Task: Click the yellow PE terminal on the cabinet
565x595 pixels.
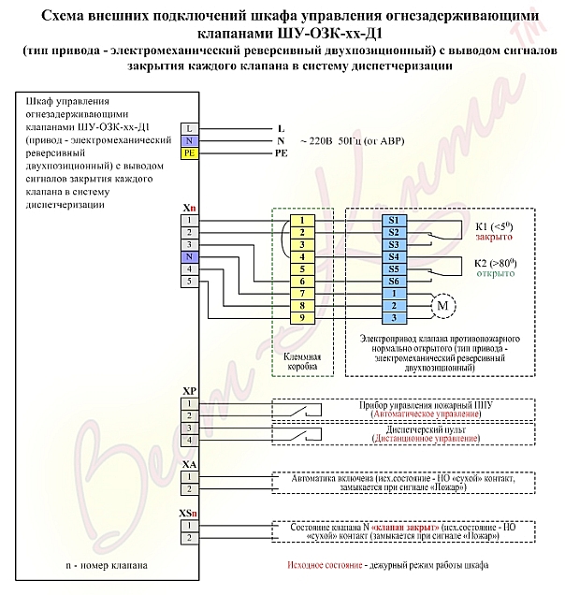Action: point(189,153)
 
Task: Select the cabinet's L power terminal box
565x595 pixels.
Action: point(189,129)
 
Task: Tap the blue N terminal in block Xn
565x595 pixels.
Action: point(189,257)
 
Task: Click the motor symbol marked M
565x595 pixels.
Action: point(442,306)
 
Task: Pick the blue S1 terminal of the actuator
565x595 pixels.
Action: point(394,221)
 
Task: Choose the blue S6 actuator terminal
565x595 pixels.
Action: point(394,282)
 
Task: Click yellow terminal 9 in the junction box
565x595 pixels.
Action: point(302,318)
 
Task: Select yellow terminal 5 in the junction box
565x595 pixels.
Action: point(302,269)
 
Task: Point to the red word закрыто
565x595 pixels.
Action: point(494,237)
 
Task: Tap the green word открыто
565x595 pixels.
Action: point(496,273)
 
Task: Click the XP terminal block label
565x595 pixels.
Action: point(189,391)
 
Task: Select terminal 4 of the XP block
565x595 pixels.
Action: point(189,441)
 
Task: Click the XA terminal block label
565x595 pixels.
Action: point(189,465)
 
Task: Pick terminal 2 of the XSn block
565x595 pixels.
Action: point(189,538)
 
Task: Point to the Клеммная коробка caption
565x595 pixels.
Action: point(302,362)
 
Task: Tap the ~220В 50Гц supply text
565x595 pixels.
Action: point(353,141)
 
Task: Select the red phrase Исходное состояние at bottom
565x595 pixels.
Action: point(325,565)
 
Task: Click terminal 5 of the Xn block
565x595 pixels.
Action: point(189,282)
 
